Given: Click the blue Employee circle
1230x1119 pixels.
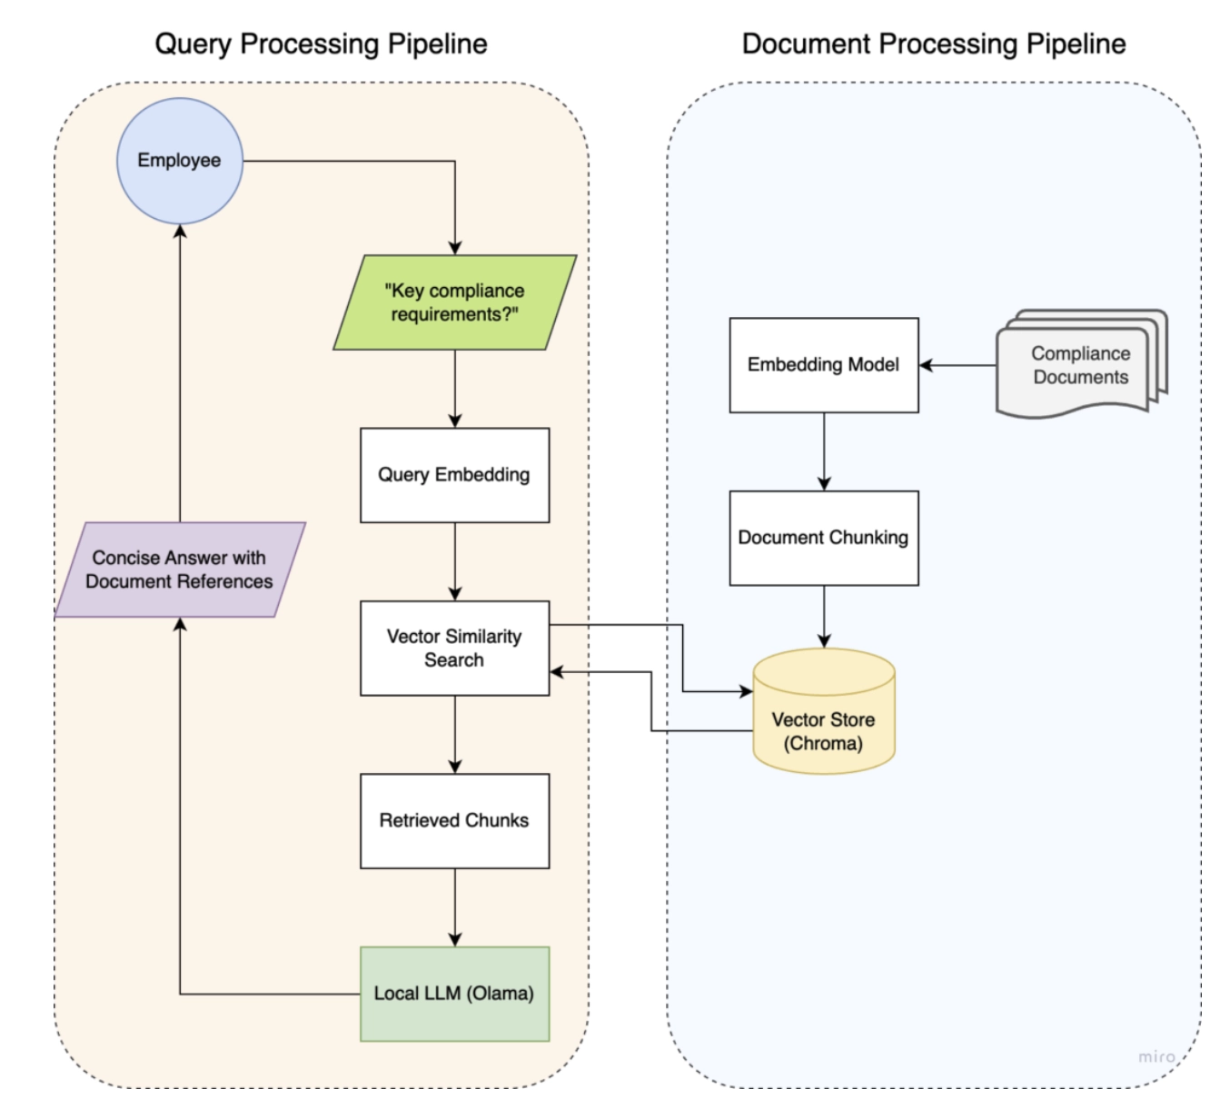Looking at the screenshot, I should click(180, 161).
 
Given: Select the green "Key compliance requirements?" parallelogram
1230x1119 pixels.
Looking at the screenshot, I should click(454, 302).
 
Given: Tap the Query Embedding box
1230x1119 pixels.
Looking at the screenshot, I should click(454, 475).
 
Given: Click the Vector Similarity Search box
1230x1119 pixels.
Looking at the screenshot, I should click(454, 648).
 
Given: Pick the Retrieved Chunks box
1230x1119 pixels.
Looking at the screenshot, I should click(454, 820).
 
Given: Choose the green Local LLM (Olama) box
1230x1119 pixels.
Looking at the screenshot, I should click(454, 994).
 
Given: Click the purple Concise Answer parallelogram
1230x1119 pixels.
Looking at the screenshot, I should click(180, 569).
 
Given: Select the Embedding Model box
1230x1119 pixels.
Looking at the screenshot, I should click(823, 365).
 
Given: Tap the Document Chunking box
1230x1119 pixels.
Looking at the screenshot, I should click(823, 538).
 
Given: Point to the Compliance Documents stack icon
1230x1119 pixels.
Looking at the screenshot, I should click(1079, 365).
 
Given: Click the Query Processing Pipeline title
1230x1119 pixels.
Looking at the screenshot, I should click(321, 44).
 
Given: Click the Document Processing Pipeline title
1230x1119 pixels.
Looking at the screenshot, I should click(933, 44).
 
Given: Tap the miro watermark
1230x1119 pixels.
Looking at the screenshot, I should click(1156, 1056).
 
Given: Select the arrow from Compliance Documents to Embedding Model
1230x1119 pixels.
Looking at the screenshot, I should click(958, 365).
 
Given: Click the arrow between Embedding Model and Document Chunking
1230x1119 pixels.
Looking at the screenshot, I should click(824, 451).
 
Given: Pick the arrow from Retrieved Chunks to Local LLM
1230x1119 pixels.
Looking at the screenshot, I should click(455, 906).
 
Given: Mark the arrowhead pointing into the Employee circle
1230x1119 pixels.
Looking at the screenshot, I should click(180, 232).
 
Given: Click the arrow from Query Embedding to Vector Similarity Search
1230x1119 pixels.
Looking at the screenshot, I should click(455, 560).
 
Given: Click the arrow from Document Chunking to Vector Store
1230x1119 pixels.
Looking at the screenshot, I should click(824, 616).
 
